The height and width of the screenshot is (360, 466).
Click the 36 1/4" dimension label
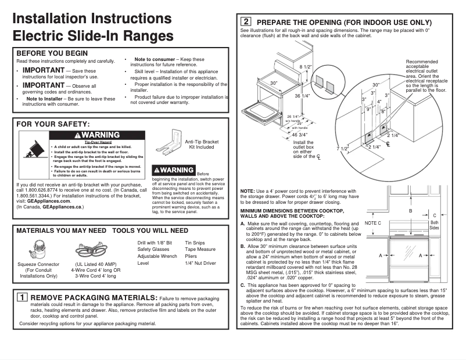[302, 95]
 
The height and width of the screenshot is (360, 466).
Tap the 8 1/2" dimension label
[306, 67]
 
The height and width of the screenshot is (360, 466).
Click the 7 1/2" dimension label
[342, 149]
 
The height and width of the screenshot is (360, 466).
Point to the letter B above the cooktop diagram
[411, 211]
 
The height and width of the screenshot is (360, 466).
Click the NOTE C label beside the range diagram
[373, 223]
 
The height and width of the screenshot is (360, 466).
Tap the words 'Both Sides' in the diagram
[434, 225]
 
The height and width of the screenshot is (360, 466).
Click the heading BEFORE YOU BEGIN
[52, 53]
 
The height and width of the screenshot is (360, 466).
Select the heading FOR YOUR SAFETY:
[53, 124]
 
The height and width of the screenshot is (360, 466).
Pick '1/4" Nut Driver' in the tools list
[200, 263]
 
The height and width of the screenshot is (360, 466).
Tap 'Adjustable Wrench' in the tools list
[157, 256]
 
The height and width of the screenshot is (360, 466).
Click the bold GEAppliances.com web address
[49, 201]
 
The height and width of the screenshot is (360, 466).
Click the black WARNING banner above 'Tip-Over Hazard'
[98, 135]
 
